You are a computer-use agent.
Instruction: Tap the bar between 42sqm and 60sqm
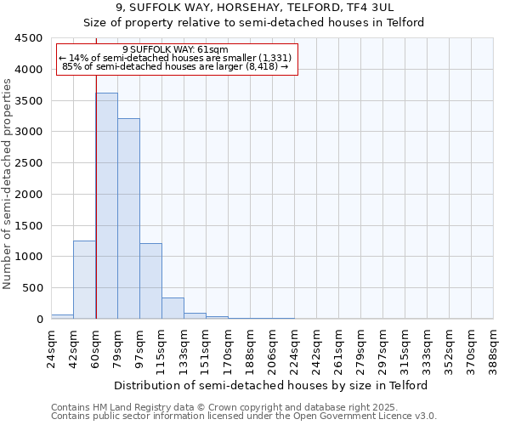coord(84,280)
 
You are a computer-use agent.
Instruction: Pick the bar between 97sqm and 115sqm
coord(150,281)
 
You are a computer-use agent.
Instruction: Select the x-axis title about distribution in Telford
coord(272,385)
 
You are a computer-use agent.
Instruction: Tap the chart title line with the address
coord(254,8)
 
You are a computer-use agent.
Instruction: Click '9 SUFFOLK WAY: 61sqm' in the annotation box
coord(175,50)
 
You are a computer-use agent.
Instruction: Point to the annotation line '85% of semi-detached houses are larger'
coord(177,66)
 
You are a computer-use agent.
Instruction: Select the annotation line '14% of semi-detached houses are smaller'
coord(175,58)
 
